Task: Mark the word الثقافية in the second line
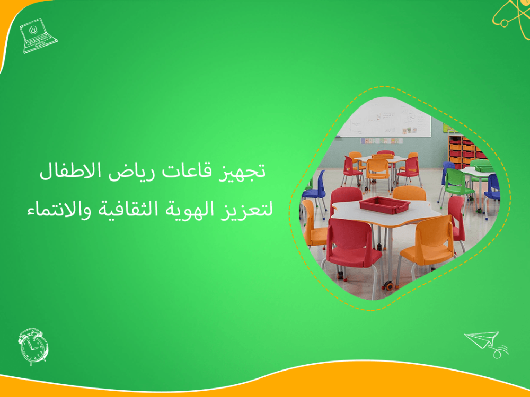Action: click(132, 210)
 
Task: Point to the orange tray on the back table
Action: click(382, 156)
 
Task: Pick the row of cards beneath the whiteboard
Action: click(382, 141)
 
